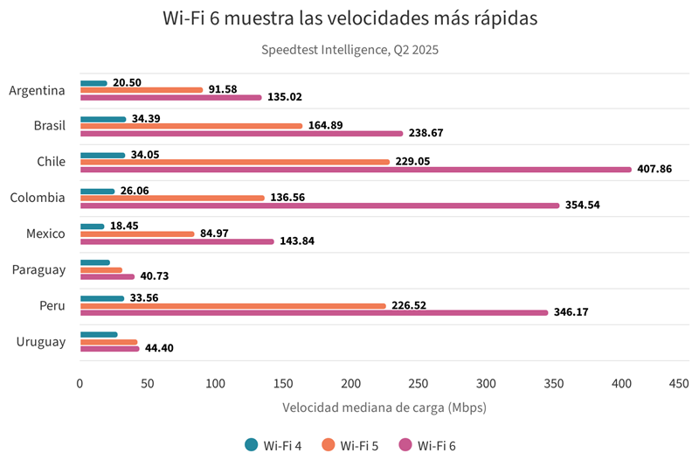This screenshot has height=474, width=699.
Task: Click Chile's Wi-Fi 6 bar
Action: point(355,169)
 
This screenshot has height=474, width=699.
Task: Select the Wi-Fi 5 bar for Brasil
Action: point(190,126)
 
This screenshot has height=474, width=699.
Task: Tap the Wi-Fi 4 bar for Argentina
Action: point(93,83)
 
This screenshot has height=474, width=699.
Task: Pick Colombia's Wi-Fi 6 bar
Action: point(319,206)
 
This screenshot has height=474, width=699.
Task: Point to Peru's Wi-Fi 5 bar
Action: point(232,306)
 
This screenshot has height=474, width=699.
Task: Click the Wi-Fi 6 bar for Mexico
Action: point(176,241)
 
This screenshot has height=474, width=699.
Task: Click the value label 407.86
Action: point(654,169)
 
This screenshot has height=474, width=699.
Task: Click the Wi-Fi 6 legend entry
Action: point(427,445)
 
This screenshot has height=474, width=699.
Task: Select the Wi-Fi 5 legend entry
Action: point(350,445)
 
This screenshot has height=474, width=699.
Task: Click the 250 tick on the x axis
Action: point(419,383)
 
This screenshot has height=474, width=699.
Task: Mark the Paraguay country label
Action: point(39,269)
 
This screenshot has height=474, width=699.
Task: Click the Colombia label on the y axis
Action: point(38,198)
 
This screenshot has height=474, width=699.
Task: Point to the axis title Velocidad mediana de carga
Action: point(384,408)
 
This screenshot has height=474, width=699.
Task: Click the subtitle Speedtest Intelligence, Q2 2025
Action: point(349,50)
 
